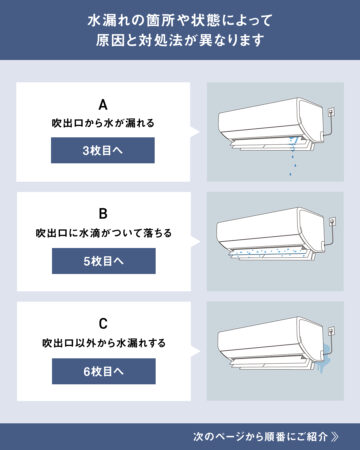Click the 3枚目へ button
tap(103, 150)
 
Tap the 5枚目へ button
tap(104, 261)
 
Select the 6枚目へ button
tap(104, 371)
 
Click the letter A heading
tap(103, 105)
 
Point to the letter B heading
tap(103, 214)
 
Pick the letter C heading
tap(103, 324)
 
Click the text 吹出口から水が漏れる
tap(103, 123)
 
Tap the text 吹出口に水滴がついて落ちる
tap(104, 233)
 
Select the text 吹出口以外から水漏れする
tap(104, 343)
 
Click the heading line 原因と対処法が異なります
tap(180, 40)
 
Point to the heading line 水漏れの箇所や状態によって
tap(180, 20)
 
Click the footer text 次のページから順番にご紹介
tap(260, 436)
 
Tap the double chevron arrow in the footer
tap(335, 436)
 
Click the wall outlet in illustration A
tap(331, 112)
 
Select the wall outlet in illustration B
tap(332, 222)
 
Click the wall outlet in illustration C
tap(332, 331)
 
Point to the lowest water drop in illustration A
tap(291, 174)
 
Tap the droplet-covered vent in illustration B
tap(270, 253)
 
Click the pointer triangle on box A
tap(195, 132)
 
